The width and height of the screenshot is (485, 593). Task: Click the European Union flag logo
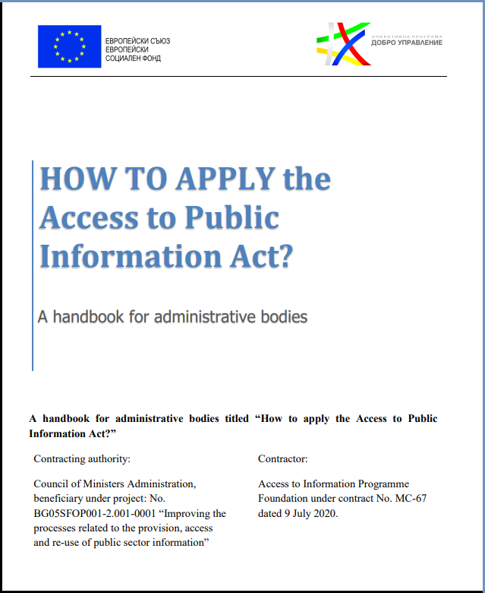pyautogui.click(x=69, y=46)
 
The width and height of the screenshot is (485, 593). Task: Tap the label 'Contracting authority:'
pyautogui.click(x=82, y=459)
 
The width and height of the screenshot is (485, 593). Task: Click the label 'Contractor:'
pyautogui.click(x=282, y=459)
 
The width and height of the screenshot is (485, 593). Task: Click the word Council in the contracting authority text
pyautogui.click(x=52, y=484)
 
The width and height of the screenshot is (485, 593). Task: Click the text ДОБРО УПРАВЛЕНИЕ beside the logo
pyautogui.click(x=407, y=43)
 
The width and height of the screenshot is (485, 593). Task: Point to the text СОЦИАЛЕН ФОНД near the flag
pyautogui.click(x=134, y=58)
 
